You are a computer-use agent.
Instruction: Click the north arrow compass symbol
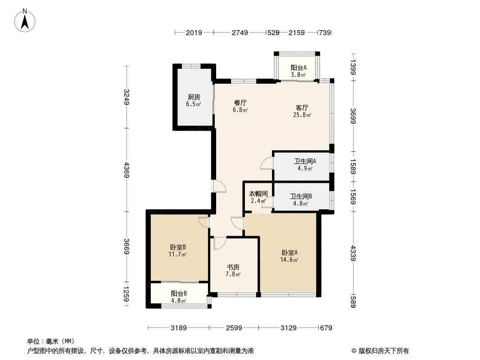pyautogui.click(x=25, y=20)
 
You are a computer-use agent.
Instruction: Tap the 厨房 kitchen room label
pyautogui.click(x=194, y=97)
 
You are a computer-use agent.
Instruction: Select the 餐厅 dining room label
pyautogui.click(x=240, y=103)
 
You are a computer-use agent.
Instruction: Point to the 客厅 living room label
pyautogui.click(x=302, y=108)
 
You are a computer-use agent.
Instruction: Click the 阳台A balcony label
pyautogui.click(x=299, y=67)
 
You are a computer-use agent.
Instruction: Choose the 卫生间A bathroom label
pyautogui.click(x=305, y=161)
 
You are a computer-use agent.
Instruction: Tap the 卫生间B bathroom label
pyautogui.click(x=301, y=196)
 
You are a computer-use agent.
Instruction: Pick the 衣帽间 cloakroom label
pyautogui.click(x=258, y=193)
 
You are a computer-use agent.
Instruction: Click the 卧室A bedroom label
pyautogui.click(x=290, y=252)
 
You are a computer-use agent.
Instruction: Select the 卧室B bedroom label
pyautogui.click(x=178, y=247)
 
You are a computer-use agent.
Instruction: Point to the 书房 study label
pyautogui.click(x=233, y=267)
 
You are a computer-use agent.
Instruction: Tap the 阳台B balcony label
pyautogui.click(x=179, y=294)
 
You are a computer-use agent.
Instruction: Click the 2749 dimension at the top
pyautogui.click(x=240, y=32)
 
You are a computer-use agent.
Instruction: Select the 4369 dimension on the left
pyautogui.click(x=127, y=170)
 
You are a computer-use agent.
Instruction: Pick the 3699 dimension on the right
pyautogui.click(x=353, y=116)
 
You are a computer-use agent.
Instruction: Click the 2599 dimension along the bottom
pyautogui.click(x=234, y=328)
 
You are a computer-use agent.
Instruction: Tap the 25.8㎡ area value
pyautogui.click(x=302, y=115)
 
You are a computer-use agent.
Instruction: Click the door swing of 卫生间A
pyautogui.click(x=267, y=163)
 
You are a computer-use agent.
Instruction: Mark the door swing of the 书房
pyautogui.click(x=220, y=243)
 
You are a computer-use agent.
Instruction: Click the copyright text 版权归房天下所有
pyautogui.click(x=384, y=351)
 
